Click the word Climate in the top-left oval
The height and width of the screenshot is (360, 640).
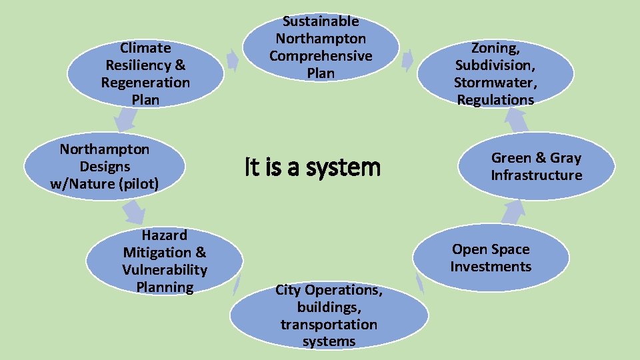(145, 48)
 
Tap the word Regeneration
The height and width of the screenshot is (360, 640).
(145, 83)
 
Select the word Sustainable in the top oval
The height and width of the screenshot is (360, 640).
(321, 21)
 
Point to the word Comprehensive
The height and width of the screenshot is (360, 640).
(321, 56)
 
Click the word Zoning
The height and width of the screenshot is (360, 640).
(494, 48)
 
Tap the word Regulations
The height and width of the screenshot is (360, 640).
(495, 100)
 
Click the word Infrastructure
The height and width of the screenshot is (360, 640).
(536, 175)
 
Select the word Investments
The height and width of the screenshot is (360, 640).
(491, 267)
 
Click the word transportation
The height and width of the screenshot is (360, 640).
(329, 325)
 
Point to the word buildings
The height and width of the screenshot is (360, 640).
(329, 307)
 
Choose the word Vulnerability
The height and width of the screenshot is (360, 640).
(165, 270)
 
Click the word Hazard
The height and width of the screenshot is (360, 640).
(165, 235)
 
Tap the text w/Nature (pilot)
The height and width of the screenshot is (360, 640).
(105, 184)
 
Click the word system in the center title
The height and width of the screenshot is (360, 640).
(346, 167)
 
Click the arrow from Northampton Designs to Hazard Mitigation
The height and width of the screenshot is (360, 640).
(133, 211)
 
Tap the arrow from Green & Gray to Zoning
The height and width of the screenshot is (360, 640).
(516, 120)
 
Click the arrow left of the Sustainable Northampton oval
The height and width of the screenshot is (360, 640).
(232, 61)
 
